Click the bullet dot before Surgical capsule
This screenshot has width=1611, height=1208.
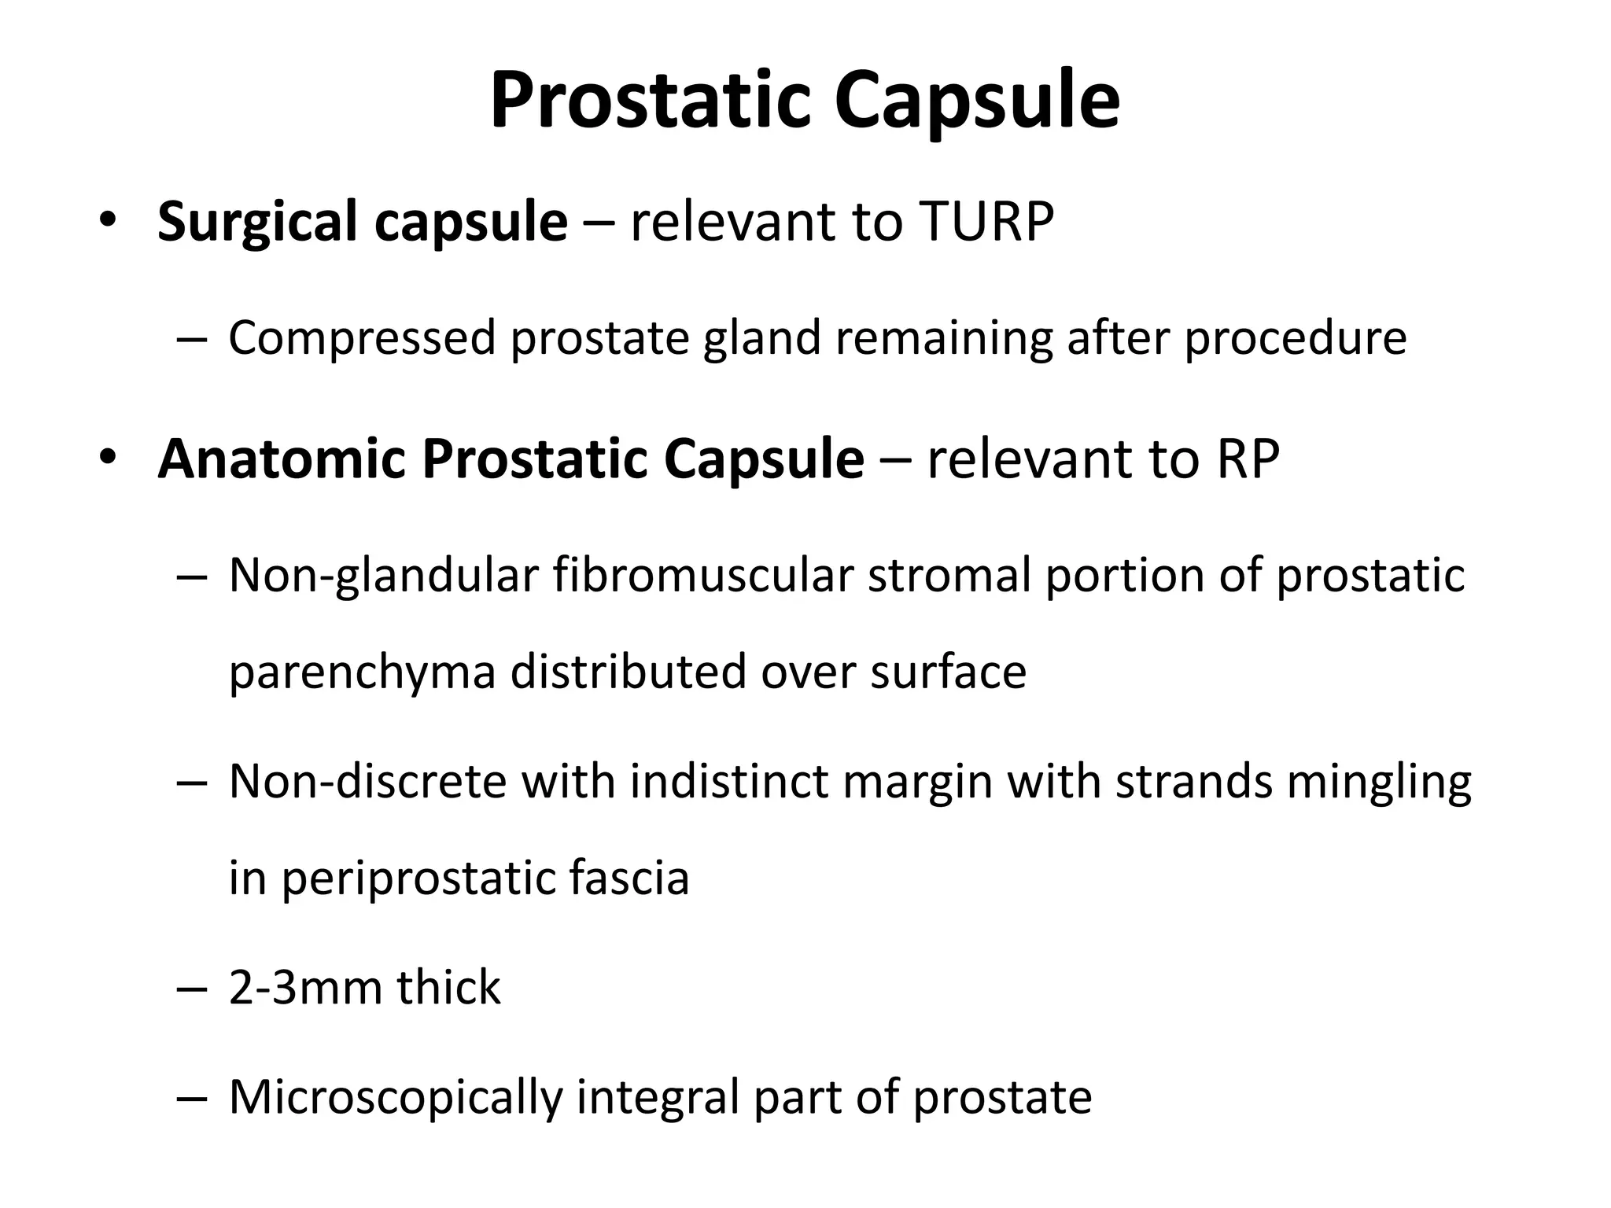(107, 220)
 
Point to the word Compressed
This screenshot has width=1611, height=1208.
(361, 339)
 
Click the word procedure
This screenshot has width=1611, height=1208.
(1295, 339)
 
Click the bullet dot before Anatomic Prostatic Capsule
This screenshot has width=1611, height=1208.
(107, 457)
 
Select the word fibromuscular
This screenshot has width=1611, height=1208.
(702, 575)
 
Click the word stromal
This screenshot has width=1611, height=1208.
(949, 575)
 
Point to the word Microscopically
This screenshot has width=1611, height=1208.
(396, 1099)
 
